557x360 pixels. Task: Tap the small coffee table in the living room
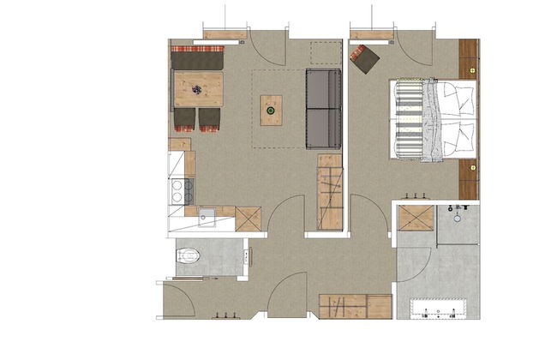coord(271,110)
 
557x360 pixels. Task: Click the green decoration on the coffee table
coord(271,110)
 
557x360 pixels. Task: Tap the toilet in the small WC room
coord(189,255)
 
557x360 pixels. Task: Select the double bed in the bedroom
coord(433,120)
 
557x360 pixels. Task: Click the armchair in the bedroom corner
coord(365,58)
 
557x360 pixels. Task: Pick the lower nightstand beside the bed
coord(468,178)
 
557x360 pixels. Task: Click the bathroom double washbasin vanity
coord(437,309)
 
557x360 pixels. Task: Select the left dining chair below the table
coord(185,119)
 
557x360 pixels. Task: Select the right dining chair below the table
coord(210,119)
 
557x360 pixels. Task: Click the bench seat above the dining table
coord(197,60)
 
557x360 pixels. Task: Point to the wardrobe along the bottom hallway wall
coord(355,306)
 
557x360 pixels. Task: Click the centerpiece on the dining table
coord(199,89)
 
